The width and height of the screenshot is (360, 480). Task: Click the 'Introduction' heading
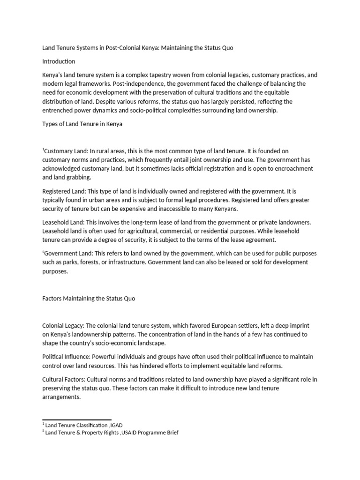pos(59,61)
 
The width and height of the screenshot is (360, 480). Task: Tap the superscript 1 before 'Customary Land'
pos(43,150)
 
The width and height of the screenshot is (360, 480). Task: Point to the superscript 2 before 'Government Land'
pos(43,252)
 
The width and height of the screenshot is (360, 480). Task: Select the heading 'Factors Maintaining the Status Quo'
pos(89,299)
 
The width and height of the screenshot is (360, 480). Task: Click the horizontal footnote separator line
pos(77,420)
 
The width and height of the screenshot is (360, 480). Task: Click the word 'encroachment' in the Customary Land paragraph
pos(293,168)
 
